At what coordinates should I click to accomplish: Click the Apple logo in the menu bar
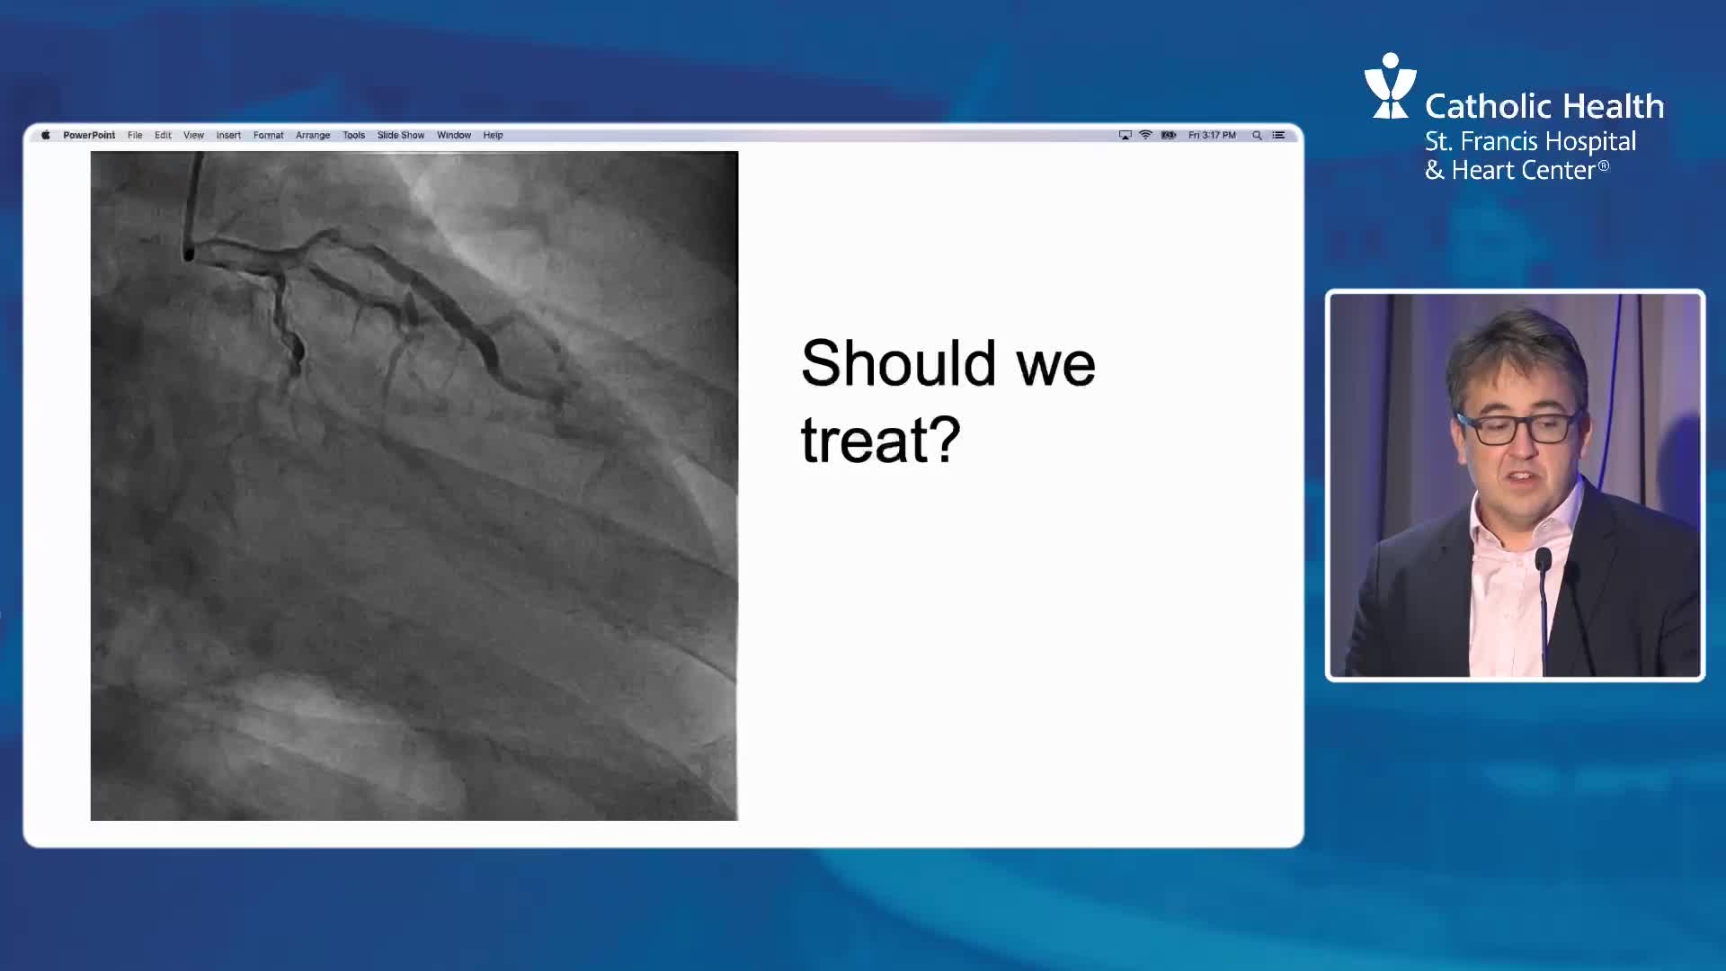46,135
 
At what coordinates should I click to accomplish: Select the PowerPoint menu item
89,135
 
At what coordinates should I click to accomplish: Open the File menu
135,135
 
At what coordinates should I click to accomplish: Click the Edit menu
163,135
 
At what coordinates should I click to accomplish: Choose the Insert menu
228,135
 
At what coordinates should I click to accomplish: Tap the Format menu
268,135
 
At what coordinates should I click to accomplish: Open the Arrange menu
313,135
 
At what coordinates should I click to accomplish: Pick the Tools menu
353,135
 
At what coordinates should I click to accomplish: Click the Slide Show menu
401,135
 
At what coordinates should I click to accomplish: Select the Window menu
454,135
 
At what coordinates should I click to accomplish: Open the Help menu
493,135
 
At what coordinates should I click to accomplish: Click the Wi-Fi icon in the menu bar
1145,135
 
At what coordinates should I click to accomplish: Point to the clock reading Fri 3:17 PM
1212,135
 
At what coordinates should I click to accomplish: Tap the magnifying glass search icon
1257,135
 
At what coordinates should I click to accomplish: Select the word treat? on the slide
881,440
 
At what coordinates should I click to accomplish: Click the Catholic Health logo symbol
1390,85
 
